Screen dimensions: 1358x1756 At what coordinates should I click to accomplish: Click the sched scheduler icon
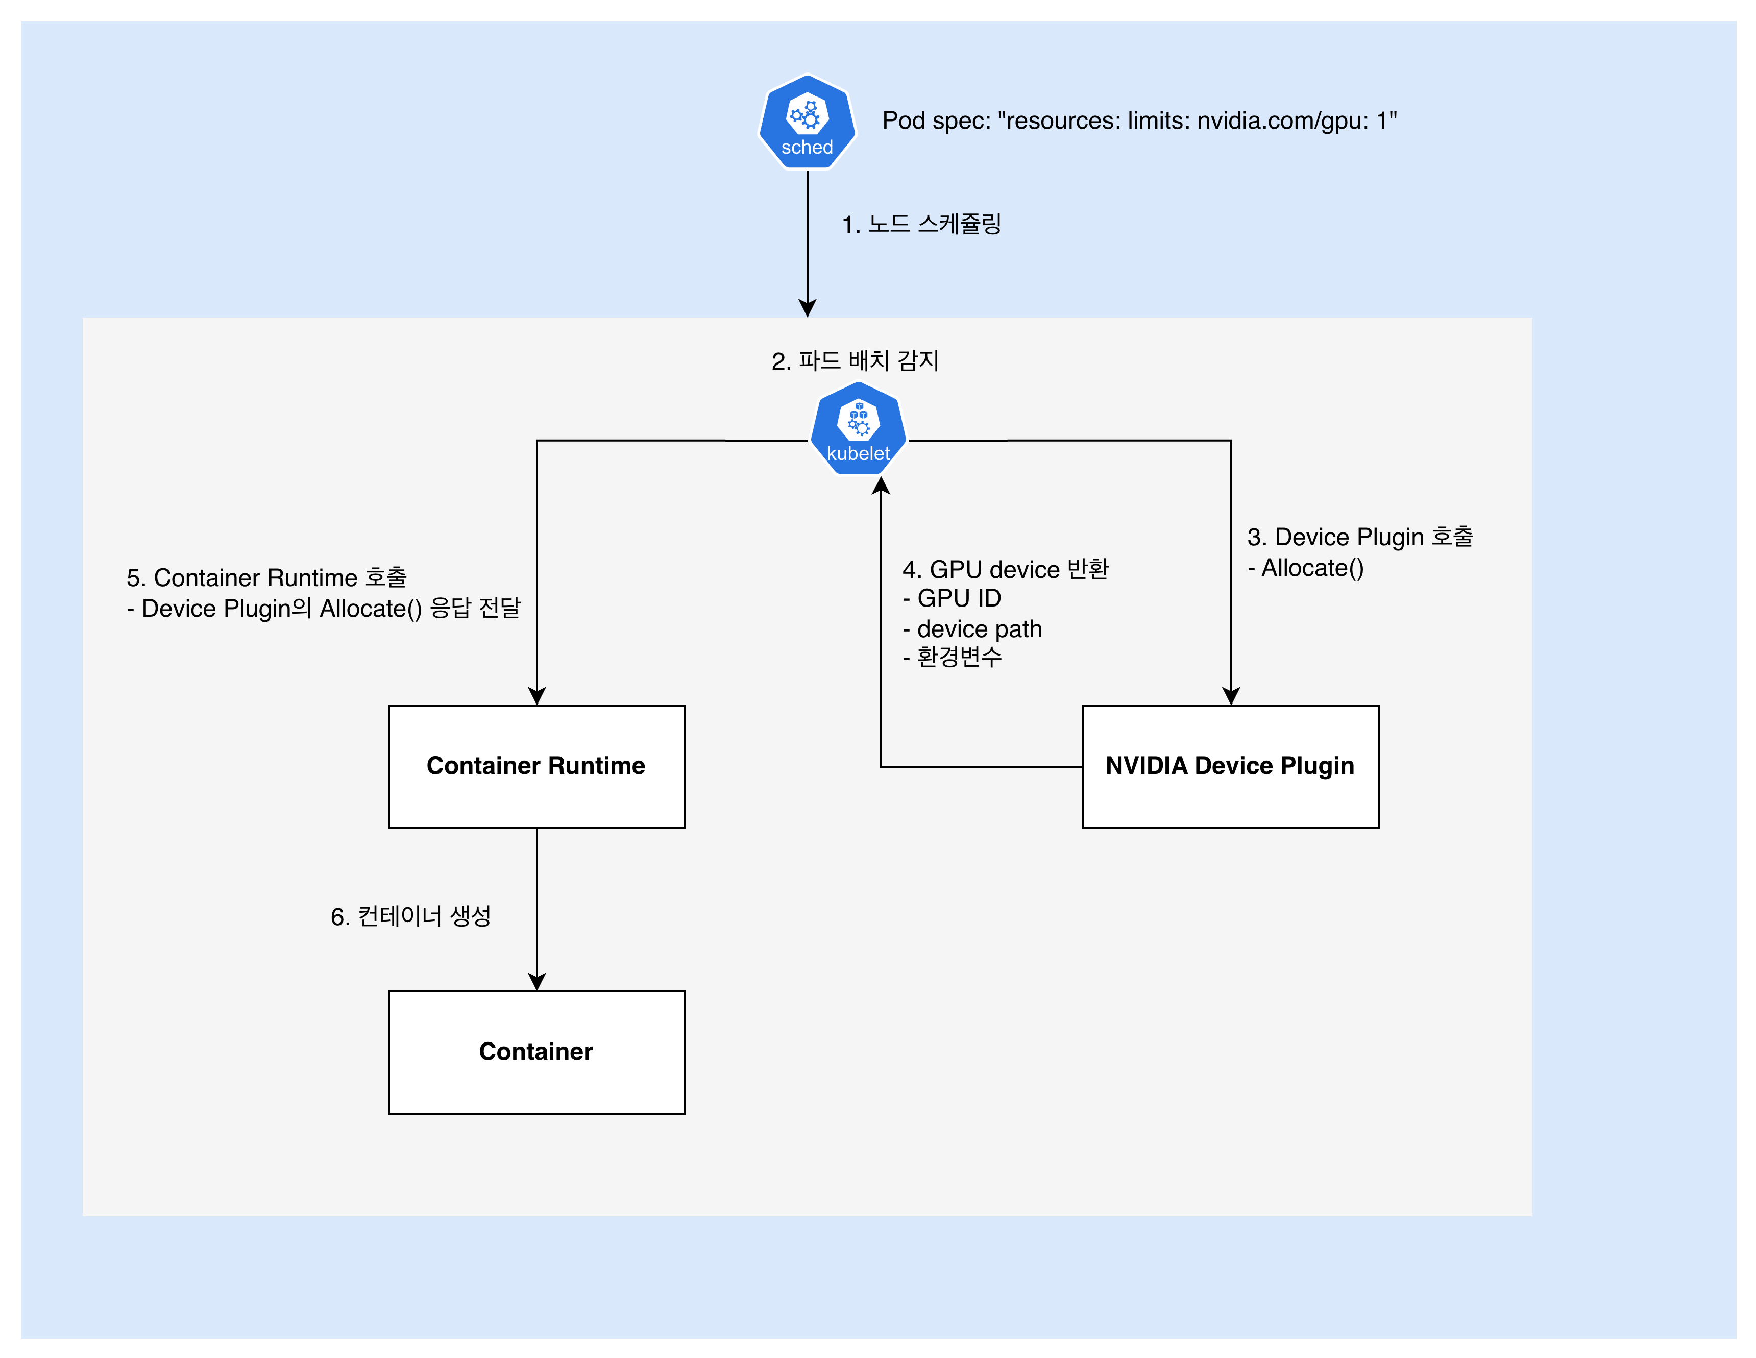coord(807,122)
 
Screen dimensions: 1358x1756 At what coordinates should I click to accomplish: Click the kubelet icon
coord(858,428)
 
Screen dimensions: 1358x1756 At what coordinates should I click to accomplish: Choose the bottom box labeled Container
coord(536,1052)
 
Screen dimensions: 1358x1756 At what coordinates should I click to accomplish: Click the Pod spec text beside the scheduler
coord(1139,120)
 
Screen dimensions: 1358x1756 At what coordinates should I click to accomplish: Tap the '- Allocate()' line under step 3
coord(1306,568)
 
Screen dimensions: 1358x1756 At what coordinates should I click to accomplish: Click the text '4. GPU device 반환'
coord(1005,569)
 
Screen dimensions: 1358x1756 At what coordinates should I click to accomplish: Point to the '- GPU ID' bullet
coord(952,599)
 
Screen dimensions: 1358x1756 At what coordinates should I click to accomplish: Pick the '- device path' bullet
coord(972,629)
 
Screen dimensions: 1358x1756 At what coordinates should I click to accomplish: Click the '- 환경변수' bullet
coord(952,658)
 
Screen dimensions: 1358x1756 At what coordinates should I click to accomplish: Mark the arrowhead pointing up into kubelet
coord(881,486)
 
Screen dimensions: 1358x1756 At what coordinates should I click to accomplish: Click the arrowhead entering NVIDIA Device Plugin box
coord(1231,696)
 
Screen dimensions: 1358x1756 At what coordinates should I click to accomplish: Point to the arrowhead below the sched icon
coord(807,308)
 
